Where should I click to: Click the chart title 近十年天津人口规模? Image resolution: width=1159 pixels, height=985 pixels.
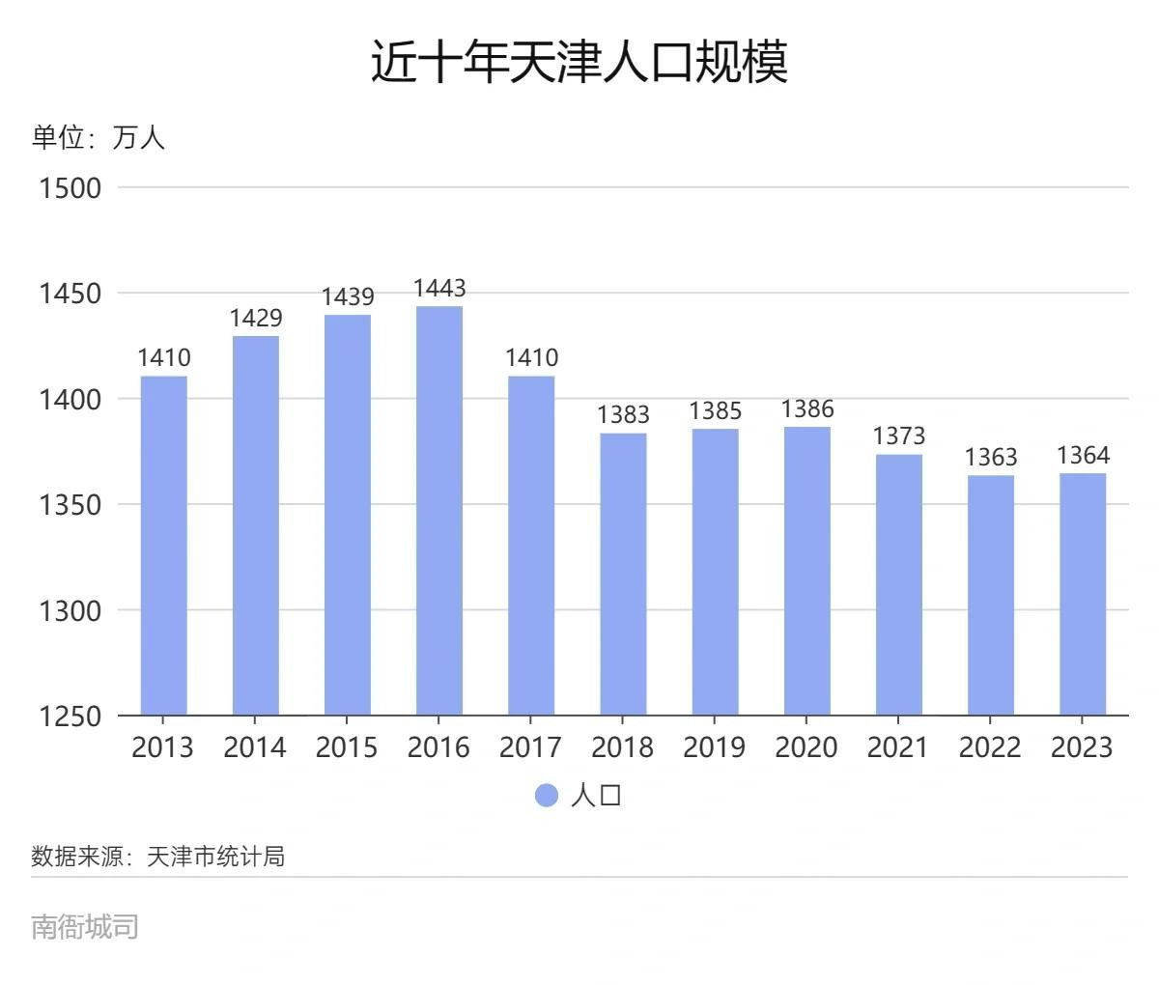[579, 62]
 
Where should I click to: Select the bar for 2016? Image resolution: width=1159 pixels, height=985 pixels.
[439, 511]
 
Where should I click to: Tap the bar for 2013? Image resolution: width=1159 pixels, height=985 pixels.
[164, 546]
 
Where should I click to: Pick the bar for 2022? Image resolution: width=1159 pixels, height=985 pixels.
[991, 595]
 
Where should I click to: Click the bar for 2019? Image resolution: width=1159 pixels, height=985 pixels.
[715, 572]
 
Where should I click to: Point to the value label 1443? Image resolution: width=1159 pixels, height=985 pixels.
[439, 288]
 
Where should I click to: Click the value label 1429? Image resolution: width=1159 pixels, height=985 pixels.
[256, 318]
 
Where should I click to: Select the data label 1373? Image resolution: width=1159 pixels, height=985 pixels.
[899, 436]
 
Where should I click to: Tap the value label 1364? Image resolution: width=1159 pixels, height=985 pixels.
[1083, 455]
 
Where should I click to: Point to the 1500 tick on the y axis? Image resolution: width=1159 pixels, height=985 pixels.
[70, 187]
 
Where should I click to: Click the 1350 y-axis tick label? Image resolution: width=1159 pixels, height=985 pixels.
[70, 505]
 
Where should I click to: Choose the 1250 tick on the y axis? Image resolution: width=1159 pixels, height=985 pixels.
[70, 717]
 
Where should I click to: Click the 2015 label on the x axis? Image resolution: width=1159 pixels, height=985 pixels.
[347, 747]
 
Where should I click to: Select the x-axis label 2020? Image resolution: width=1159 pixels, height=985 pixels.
[806, 747]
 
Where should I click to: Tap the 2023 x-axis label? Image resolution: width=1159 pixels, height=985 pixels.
[1083, 747]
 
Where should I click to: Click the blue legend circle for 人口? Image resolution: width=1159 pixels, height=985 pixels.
[547, 795]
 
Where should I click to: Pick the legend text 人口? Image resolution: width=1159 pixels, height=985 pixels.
[596, 795]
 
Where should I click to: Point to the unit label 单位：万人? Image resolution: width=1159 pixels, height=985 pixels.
[99, 138]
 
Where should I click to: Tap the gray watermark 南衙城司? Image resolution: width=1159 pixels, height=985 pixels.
[85, 926]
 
